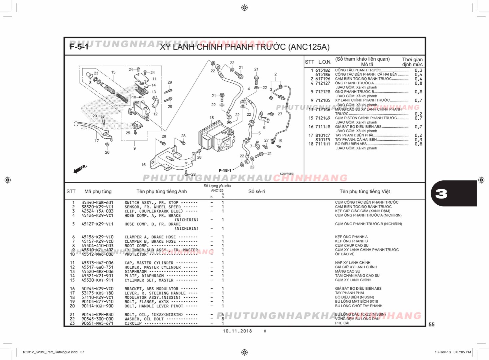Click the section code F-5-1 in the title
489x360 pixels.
pyautogui.click(x=79, y=47)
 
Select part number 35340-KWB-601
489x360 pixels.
pyautogui.click(x=97, y=203)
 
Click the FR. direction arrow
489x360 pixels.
pyautogui.click(x=80, y=169)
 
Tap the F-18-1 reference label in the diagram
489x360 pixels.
pyautogui.click(x=225, y=170)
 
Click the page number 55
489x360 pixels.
pyautogui.click(x=431, y=324)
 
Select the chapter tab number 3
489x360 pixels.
pyautogui.click(x=441, y=194)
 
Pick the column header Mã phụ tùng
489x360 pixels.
pyautogui.click(x=98, y=191)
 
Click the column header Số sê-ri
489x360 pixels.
pyautogui.click(x=257, y=191)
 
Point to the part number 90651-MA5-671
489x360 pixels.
pyautogui.click(x=97, y=323)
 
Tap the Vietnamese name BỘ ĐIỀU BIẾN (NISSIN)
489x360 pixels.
pyautogui.click(x=354, y=297)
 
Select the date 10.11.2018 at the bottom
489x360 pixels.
pyautogui.click(x=237, y=331)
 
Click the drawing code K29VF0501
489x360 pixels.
pyautogui.click(x=287, y=174)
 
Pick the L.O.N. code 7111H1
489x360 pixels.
pyautogui.click(x=323, y=144)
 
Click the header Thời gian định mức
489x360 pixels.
pyautogui.click(x=412, y=62)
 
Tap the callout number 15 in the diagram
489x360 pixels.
pyautogui.click(x=113, y=72)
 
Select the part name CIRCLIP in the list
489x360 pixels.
pyautogui.click(x=133, y=323)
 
